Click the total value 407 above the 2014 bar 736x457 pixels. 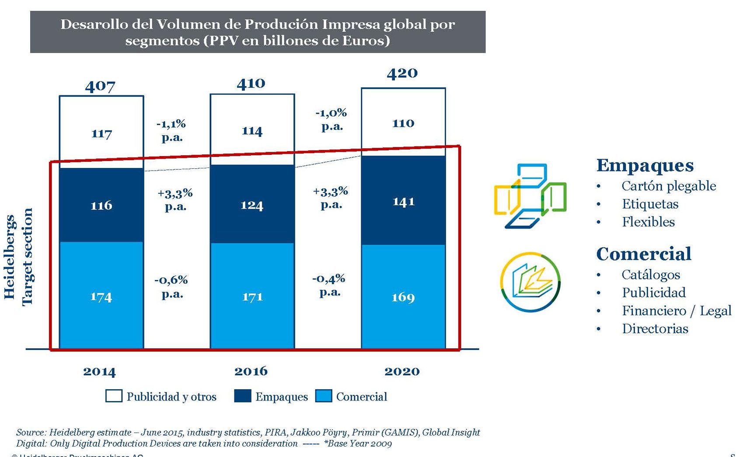pos(100,86)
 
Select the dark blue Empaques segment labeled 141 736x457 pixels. pos(403,201)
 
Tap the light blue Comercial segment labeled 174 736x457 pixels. pos(101,297)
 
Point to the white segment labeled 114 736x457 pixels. pos(252,131)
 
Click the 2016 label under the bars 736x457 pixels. pos(251,371)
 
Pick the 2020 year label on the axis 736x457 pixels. pos(402,371)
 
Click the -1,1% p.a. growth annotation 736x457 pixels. pos(171,130)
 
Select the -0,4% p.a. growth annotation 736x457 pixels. pos(329,285)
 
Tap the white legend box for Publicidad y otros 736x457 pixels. pos(114,396)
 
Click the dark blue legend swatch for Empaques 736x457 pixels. pos(243,396)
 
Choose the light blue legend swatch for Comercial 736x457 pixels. pos(324,396)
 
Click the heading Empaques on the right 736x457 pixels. pos(645,165)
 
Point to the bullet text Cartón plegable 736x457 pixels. pos(669,186)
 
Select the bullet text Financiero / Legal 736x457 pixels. pos(676,310)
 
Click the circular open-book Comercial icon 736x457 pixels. pos(530,282)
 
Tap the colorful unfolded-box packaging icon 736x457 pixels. pos(530,196)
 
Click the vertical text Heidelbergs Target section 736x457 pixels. pos(18,257)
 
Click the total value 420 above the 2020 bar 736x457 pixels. pos(402,73)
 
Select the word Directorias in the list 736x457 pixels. pos(655,328)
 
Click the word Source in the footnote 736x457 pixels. pos(31,433)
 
